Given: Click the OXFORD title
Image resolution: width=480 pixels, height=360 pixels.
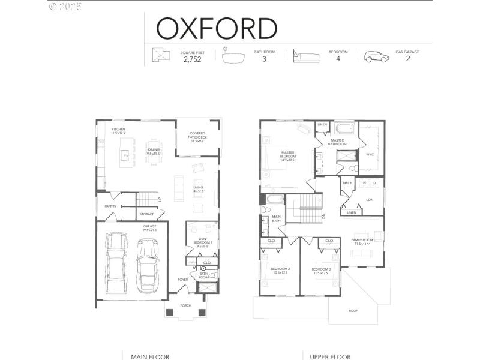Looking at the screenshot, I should point(217,28).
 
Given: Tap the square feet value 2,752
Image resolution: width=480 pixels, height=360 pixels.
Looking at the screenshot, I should point(193,59).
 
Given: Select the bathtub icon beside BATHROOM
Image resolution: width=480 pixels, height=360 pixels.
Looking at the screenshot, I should point(234,56).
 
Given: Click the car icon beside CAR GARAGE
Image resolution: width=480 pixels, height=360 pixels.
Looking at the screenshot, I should point(376,56).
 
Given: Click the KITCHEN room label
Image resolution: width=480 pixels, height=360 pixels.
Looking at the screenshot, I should point(118,131).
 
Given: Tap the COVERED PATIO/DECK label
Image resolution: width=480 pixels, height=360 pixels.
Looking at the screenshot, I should point(197,137).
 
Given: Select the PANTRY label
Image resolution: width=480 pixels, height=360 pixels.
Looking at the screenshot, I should point(110,206).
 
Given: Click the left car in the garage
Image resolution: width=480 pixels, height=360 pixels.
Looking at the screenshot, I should point(116,262).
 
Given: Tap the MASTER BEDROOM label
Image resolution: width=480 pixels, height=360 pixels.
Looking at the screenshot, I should point(287,155).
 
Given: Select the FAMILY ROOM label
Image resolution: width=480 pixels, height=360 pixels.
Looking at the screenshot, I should point(362,241).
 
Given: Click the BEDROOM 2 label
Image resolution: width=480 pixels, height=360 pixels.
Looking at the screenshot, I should point(280,271).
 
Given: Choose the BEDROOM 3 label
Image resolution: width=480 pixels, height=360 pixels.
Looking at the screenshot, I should point(322,271).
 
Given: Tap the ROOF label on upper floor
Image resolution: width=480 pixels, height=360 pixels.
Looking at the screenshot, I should point(353,311).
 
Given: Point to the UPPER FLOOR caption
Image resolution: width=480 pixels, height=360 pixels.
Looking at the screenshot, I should point(329,356).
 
